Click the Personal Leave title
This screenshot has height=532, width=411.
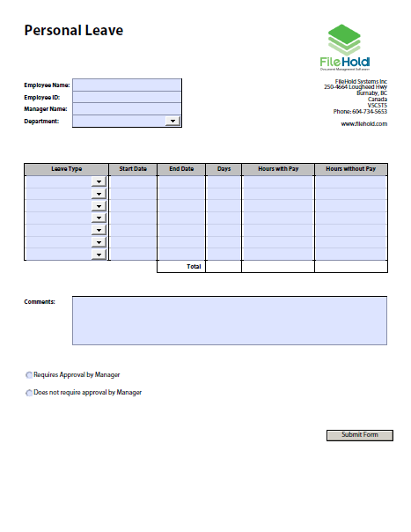click(x=73, y=31)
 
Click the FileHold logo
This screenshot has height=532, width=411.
click(x=344, y=48)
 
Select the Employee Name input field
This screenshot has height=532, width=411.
click(x=127, y=85)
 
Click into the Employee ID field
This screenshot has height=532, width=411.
click(x=127, y=97)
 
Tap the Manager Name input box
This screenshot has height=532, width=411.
click(x=127, y=109)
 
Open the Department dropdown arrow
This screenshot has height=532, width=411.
click(x=172, y=122)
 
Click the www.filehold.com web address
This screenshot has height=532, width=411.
click(x=363, y=124)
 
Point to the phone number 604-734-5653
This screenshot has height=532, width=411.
click(x=369, y=112)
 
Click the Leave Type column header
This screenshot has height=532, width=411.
click(x=67, y=168)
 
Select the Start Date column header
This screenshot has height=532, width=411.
click(x=133, y=168)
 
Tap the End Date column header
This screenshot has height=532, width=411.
click(x=181, y=168)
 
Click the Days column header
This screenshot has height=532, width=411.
click(x=224, y=168)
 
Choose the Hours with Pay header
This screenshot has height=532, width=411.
click(x=277, y=168)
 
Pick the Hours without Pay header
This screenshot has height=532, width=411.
click(x=350, y=168)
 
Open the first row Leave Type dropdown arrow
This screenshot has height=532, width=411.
click(x=99, y=182)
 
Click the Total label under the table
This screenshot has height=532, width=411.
click(x=194, y=266)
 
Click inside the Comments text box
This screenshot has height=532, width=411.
click(x=229, y=320)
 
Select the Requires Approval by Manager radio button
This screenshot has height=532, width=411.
click(x=29, y=374)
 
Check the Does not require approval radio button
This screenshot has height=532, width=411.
click(x=29, y=393)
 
